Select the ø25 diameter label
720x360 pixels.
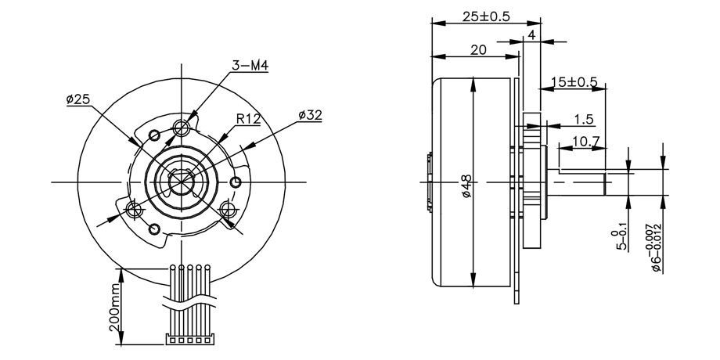pyautogui.click(x=79, y=99)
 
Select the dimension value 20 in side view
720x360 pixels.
pyautogui.click(x=478, y=50)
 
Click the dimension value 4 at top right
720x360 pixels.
pyautogui.click(x=531, y=35)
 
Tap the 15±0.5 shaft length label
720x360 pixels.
pyautogui.click(x=574, y=81)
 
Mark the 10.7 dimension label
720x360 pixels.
pyautogui.click(x=586, y=142)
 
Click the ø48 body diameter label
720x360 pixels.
pyautogui.click(x=467, y=186)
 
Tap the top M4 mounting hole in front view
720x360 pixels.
pyautogui.click(x=183, y=127)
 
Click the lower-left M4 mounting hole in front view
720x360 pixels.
pyautogui.click(x=134, y=209)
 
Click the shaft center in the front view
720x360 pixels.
pyautogui.click(x=182, y=182)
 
